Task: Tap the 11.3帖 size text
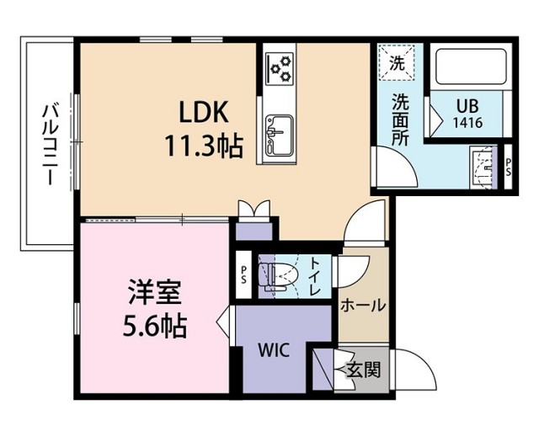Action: [x=202, y=146]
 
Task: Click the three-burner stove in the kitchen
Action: [x=279, y=67]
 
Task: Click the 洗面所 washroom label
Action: [x=399, y=118]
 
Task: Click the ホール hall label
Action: [x=363, y=306]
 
